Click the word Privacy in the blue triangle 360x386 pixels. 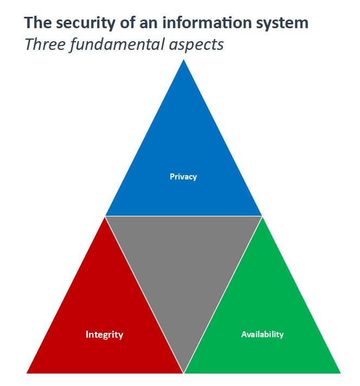[183, 177]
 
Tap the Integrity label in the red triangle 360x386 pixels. [104, 334]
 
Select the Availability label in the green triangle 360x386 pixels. [262, 334]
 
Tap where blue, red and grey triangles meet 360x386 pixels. [105, 216]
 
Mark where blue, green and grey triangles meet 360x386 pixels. [262, 216]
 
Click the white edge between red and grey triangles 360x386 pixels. [144, 294]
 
